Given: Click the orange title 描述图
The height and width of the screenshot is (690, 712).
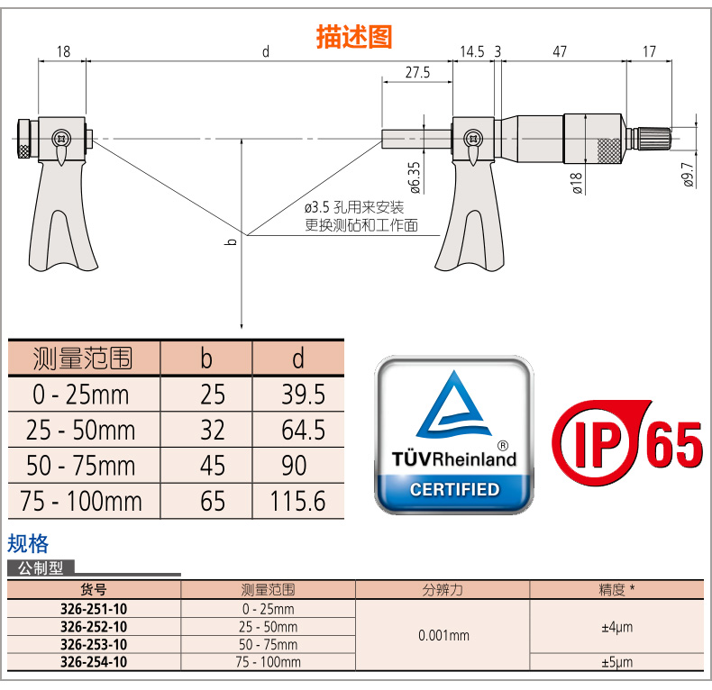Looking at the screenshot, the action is pos(353,37).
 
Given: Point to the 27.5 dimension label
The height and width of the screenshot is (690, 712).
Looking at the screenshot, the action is pos(417,73).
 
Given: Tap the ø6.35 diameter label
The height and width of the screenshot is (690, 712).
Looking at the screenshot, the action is pos(415,177).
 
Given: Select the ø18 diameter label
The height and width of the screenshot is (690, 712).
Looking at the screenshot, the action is pos(577,184).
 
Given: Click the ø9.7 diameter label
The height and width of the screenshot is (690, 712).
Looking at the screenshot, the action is pos(688,175).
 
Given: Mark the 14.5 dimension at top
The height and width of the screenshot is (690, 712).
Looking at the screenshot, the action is pos(472,51).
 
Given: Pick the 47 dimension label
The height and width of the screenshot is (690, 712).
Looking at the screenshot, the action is pos(560,51).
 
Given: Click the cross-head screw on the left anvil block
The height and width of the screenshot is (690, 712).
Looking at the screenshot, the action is pos(61,138).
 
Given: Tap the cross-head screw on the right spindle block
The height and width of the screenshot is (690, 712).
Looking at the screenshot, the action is pos(473,138).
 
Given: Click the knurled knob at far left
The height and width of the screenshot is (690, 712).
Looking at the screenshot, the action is pos(23,139).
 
